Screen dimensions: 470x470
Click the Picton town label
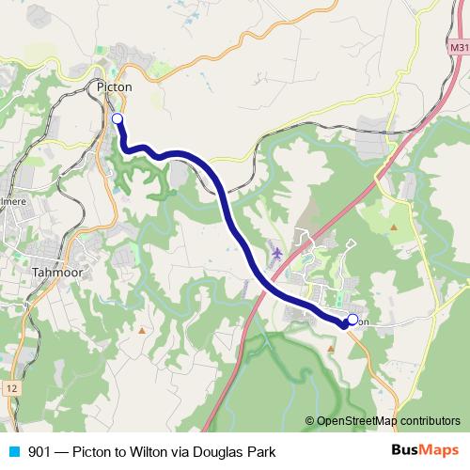(115, 86)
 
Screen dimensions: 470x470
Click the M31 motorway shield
(459, 48)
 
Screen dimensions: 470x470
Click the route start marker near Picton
(117, 118)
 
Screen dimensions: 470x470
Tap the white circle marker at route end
(352, 319)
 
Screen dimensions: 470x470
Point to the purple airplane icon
(276, 253)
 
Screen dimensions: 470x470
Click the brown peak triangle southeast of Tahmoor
(142, 330)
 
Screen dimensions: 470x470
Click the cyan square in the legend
(13, 451)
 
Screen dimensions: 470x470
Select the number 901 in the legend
(40, 451)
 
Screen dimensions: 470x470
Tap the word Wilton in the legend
(166, 451)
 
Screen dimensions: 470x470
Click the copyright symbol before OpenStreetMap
(309, 420)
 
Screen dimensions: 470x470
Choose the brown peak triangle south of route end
(331, 348)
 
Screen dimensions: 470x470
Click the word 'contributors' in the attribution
(430, 420)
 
